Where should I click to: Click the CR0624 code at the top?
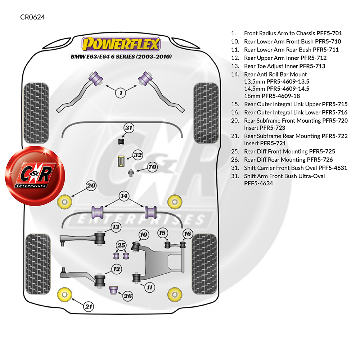coord(32,17)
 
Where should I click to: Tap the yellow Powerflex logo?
coord(121,44)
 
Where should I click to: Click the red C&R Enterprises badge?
coord(35,176)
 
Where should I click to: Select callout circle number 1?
coord(121,93)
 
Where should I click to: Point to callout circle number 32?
coord(138,155)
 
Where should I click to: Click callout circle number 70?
coord(152,167)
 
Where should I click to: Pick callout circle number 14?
coord(124,196)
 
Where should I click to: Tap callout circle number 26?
coord(128,296)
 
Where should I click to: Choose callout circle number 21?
coord(89,306)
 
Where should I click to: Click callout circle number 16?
coord(188,234)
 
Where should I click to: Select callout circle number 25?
coord(121,245)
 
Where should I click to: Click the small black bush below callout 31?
coord(121,141)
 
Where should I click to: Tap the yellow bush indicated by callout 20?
coord(65,202)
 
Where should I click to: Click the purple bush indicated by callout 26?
coord(113,290)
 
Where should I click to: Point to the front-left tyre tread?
coord(36,113)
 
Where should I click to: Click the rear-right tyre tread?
coord(204,264)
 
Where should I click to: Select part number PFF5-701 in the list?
coord(329,33)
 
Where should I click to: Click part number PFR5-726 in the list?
coord(320,159)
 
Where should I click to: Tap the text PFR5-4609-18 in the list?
coord(281,96)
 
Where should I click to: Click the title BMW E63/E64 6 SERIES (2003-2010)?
coord(121,57)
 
